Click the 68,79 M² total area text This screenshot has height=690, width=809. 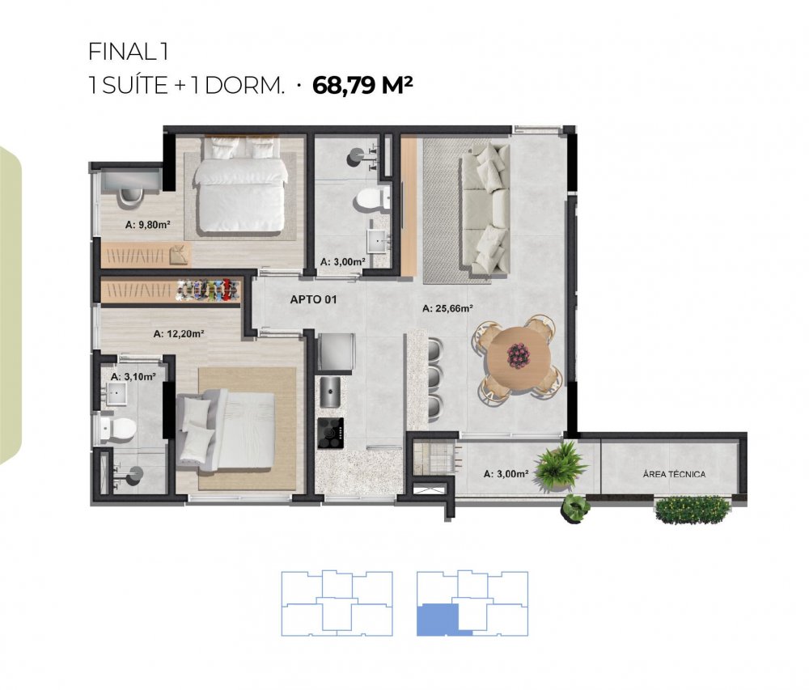click(x=362, y=85)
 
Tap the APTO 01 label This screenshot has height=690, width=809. click(x=313, y=299)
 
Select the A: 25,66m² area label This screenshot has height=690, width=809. click(x=447, y=308)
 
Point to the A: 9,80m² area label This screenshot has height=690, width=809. click(x=147, y=225)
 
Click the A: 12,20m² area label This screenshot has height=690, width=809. click(x=179, y=333)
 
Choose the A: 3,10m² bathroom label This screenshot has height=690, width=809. click(x=133, y=376)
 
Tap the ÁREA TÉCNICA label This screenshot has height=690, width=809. click(x=674, y=474)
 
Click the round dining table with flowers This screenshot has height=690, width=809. click(x=516, y=356)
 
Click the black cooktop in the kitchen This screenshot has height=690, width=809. click(x=331, y=432)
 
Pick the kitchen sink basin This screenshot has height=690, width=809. click(x=330, y=392)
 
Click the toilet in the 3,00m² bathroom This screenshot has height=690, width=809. click(x=371, y=198)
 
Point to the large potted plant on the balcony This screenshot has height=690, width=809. click(x=560, y=467)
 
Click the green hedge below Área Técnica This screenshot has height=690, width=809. click(x=693, y=510)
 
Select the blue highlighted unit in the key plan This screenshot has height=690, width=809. click(x=437, y=620)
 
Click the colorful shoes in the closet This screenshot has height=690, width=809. click(x=209, y=290)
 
